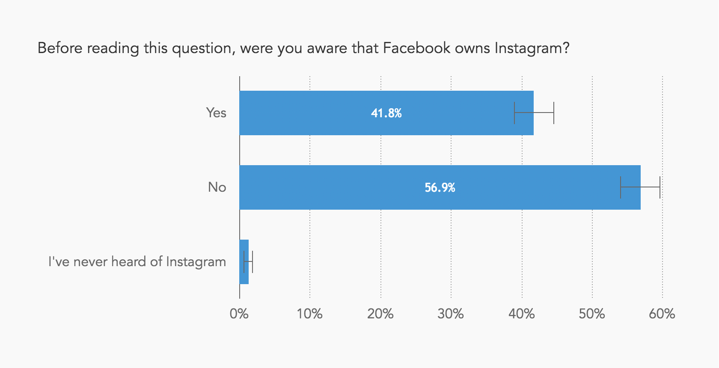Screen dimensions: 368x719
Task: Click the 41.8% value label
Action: (x=386, y=113)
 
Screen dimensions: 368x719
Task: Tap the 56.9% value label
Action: (x=440, y=188)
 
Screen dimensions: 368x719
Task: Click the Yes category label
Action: (x=216, y=113)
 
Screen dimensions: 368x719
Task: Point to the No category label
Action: (x=217, y=187)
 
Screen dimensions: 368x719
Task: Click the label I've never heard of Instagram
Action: (x=137, y=262)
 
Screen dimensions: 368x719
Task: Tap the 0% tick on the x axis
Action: (x=239, y=314)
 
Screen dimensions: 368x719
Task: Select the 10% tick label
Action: (x=309, y=314)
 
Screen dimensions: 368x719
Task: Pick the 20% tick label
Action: (x=380, y=314)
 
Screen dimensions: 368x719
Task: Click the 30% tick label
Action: (x=450, y=314)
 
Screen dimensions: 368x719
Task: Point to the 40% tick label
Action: (x=521, y=314)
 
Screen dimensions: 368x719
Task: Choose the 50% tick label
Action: (x=591, y=314)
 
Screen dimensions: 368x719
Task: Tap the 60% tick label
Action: (x=662, y=314)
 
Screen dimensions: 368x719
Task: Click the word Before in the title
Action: (x=59, y=48)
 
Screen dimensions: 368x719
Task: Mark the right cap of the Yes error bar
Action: (x=554, y=113)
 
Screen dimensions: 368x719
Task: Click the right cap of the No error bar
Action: (x=660, y=187)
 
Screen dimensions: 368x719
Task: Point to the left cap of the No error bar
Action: (x=621, y=187)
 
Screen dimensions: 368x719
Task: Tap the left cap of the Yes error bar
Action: (x=514, y=113)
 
